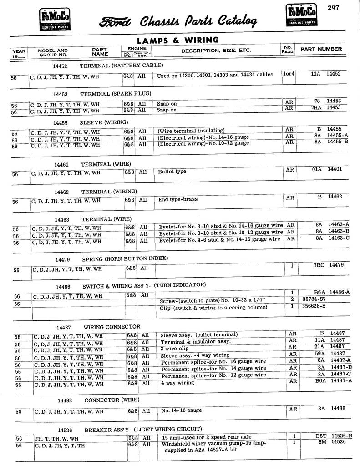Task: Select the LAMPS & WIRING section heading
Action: [177, 41]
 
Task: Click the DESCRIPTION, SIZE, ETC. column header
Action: [216, 51]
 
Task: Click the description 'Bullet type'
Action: [172, 172]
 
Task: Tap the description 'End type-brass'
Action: [177, 199]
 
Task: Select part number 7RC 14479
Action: [328, 264]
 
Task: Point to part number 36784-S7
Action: [314, 299]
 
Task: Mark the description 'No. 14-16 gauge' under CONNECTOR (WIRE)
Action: [181, 410]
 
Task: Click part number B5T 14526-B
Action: [334, 436]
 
